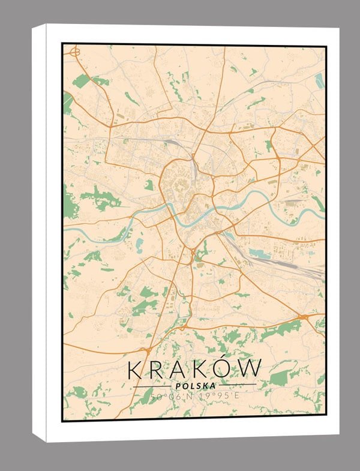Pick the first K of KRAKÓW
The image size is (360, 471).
coord(137,369)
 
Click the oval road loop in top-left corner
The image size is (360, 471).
coord(75,53)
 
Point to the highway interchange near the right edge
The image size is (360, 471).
coord(304,316)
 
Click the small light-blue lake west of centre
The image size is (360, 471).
coord(139,245)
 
